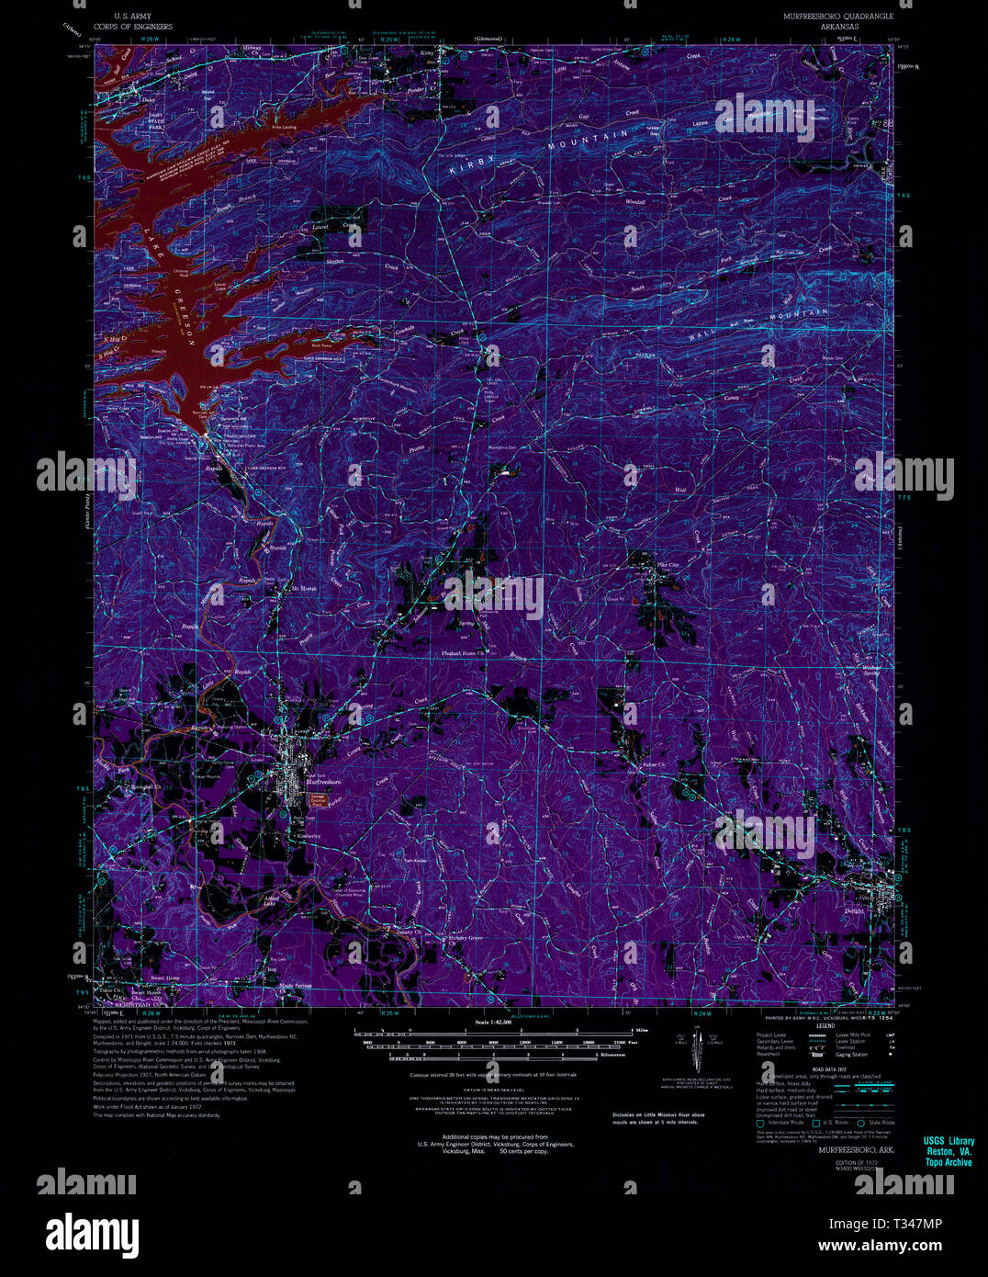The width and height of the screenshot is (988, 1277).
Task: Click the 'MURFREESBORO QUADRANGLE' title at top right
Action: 836,17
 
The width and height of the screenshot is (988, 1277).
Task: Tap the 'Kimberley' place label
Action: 307,836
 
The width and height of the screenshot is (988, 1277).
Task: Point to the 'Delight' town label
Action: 855,912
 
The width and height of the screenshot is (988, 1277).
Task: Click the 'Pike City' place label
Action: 666,565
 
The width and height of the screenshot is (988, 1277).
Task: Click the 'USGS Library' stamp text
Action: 949,1142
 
